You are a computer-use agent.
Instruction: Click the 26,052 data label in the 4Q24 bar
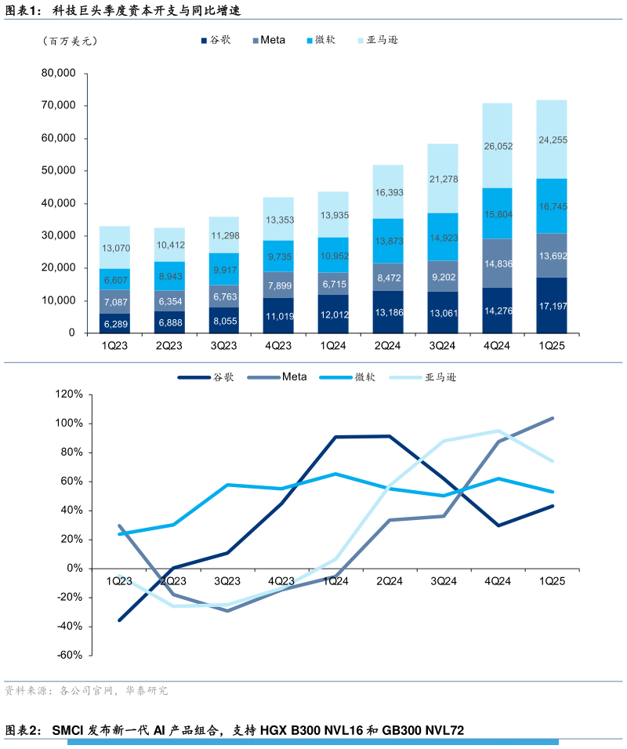pyautogui.click(x=498, y=147)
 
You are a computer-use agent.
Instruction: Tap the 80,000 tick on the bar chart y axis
pyautogui.click(x=58, y=73)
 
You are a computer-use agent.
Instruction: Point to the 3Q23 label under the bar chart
pyautogui.click(x=223, y=346)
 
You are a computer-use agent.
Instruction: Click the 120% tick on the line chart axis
pyautogui.click(x=68, y=394)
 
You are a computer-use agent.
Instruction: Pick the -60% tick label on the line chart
pyautogui.click(x=68, y=655)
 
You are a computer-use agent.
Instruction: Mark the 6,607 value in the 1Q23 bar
pyautogui.click(x=115, y=280)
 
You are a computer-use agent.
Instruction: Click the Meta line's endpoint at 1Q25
pyautogui.click(x=553, y=418)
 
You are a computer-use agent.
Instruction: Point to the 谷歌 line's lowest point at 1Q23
pyautogui.click(x=120, y=620)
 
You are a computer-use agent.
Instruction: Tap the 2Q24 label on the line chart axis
pyautogui.click(x=390, y=581)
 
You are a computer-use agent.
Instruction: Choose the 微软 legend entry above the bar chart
pyautogui.click(x=323, y=40)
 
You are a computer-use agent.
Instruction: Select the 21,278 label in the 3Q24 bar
pyautogui.click(x=443, y=180)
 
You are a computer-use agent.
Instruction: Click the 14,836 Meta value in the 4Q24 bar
pyautogui.click(x=498, y=264)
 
